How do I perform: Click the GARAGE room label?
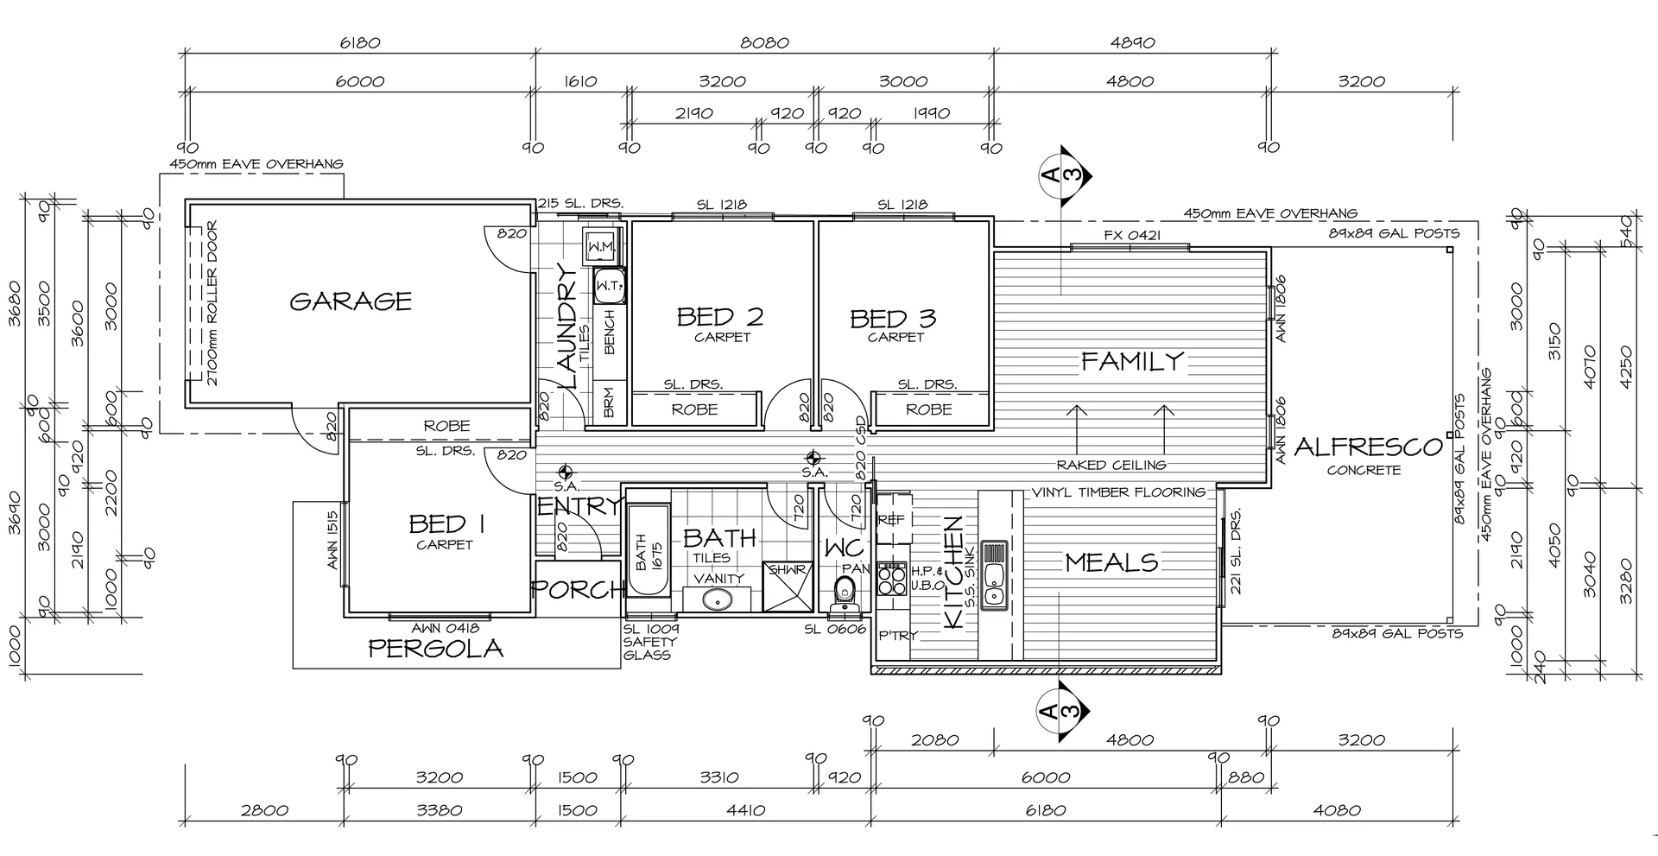350,301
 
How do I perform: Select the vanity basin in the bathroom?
715,598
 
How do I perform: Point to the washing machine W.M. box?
599,246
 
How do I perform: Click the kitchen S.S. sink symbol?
994,572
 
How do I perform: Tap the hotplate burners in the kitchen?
890,578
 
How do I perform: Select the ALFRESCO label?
1367,447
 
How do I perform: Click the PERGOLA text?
436,649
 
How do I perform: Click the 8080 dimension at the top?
764,43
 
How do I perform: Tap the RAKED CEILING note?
1111,465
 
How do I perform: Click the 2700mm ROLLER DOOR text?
212,301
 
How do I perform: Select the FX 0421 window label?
1131,236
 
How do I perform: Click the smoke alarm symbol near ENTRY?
565,471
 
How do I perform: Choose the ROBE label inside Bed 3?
928,409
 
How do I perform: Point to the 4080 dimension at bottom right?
1337,811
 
